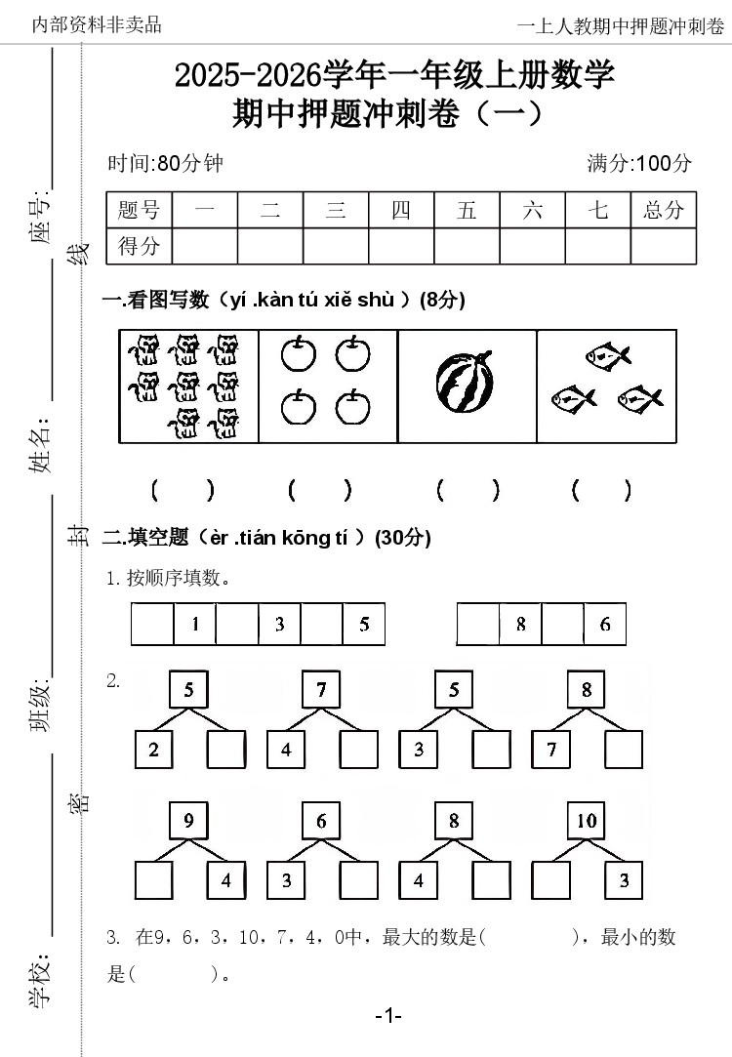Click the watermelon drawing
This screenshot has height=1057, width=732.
(467, 384)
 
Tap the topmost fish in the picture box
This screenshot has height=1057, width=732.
(607, 355)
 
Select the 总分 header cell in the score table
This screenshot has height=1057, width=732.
(664, 210)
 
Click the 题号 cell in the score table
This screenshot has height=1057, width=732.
(139, 210)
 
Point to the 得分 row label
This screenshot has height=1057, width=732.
(139, 246)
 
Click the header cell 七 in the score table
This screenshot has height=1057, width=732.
(598, 210)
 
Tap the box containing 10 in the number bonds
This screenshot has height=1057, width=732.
(587, 821)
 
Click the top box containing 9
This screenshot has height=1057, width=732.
(188, 821)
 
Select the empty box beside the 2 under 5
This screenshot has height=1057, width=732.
(225, 750)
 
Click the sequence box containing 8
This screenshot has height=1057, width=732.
(521, 625)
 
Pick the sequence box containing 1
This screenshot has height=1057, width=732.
(195, 625)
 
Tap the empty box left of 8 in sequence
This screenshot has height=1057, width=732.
(478, 625)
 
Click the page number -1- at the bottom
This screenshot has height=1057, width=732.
(388, 1016)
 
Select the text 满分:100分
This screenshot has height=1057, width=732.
(639, 163)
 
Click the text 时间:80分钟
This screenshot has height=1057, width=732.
(165, 163)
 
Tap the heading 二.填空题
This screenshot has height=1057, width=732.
(146, 537)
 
